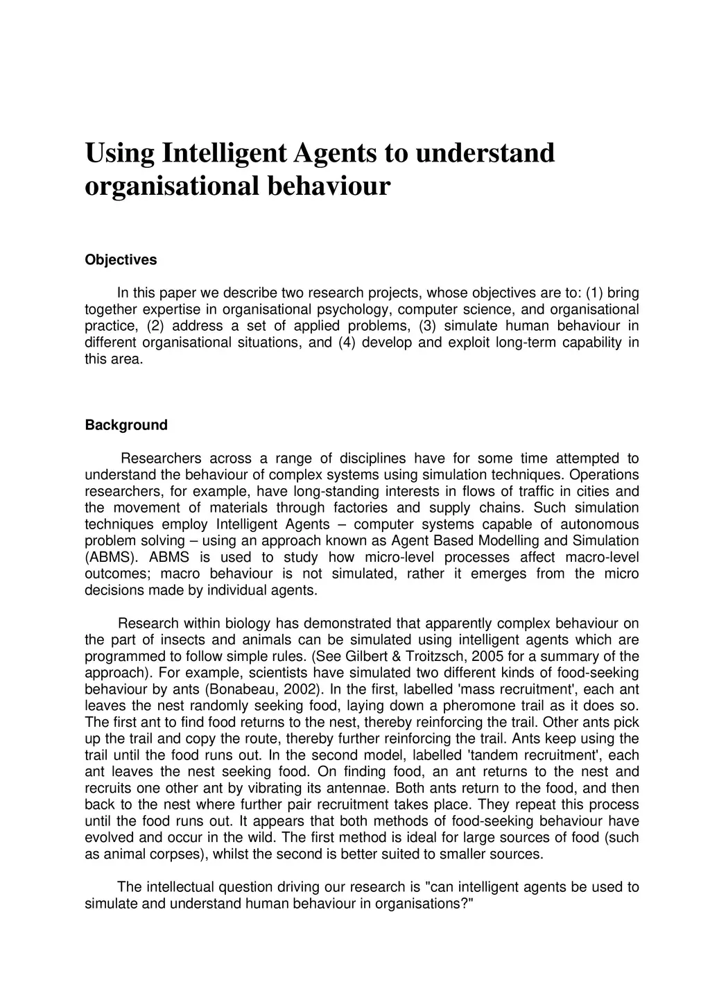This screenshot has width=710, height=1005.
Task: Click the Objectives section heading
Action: click(x=121, y=260)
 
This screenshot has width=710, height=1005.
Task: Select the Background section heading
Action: click(x=126, y=425)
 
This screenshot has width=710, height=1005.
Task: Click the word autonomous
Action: click(x=600, y=524)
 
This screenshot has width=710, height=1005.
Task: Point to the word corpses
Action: click(x=178, y=854)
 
